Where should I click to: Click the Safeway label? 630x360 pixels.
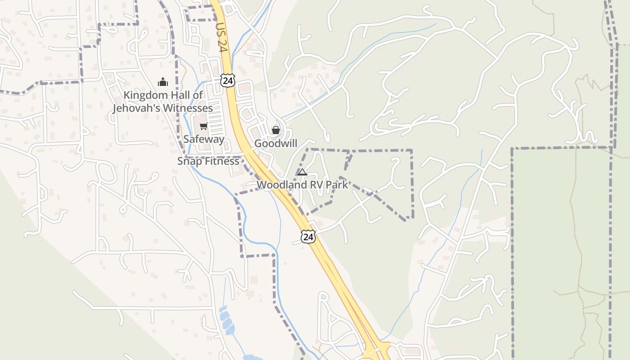click(x=204, y=139)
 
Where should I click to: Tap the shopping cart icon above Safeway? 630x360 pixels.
click(x=203, y=126)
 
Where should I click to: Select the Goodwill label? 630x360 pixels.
click(x=276, y=143)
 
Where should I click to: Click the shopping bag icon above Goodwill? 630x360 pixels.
click(x=276, y=130)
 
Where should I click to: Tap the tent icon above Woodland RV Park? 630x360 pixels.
click(x=302, y=171)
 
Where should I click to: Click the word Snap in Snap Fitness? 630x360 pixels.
click(x=188, y=161)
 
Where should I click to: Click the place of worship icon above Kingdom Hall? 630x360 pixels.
click(x=162, y=82)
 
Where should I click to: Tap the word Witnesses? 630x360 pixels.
click(x=188, y=108)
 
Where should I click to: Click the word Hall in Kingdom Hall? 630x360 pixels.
click(x=179, y=95)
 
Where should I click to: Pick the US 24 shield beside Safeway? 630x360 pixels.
click(x=228, y=81)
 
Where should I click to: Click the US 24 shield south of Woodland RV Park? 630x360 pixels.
click(x=308, y=237)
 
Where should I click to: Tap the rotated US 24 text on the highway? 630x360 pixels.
click(x=220, y=39)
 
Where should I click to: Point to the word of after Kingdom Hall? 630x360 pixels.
click(x=198, y=95)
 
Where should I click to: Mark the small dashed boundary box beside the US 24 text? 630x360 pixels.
click(x=201, y=13)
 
